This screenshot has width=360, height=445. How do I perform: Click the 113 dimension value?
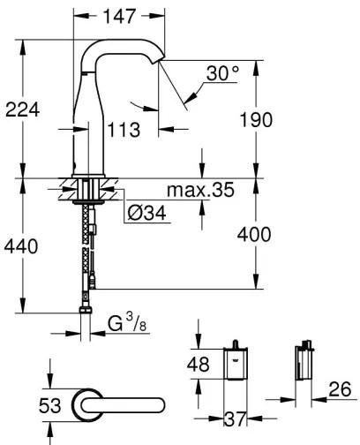[125, 131]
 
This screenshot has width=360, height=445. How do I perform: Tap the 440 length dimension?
[21, 246]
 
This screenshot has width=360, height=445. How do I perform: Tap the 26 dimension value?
[341, 389]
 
